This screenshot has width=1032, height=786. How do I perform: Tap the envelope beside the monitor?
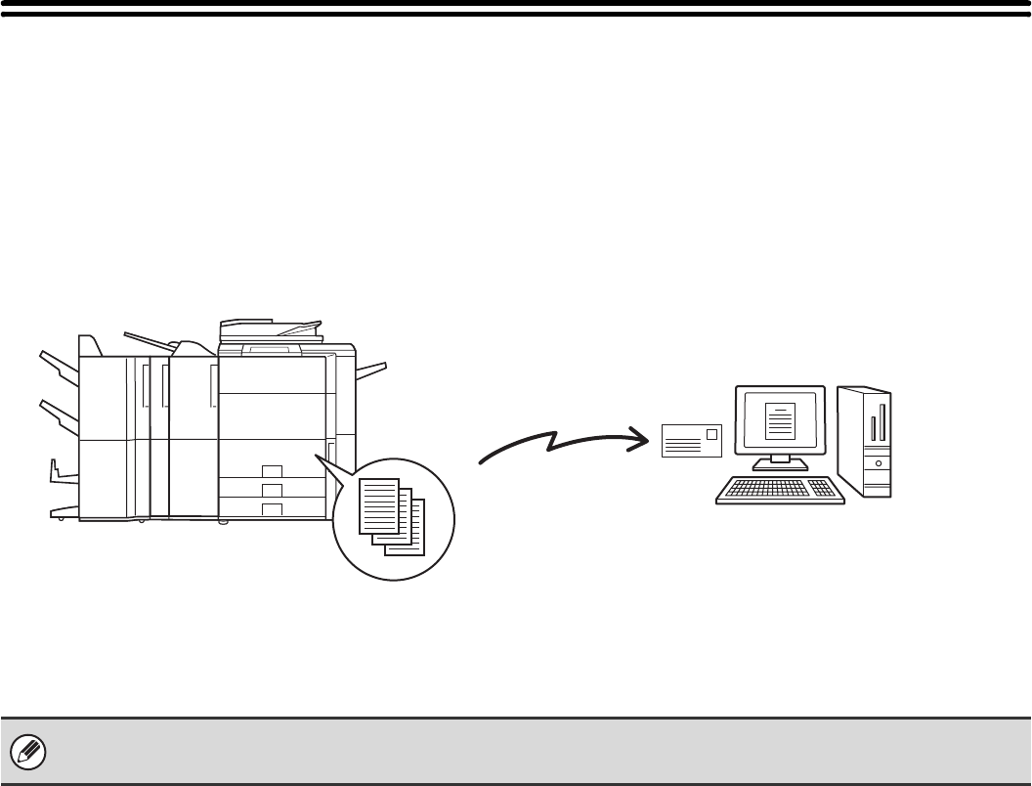click(691, 441)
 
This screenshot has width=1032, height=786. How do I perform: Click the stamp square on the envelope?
click(712, 433)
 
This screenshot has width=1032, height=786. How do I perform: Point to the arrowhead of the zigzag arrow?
click(641, 438)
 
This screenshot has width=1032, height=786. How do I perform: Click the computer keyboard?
click(779, 490)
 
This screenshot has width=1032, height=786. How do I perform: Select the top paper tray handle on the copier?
click(273, 470)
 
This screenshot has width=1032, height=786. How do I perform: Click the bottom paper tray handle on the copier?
click(273, 508)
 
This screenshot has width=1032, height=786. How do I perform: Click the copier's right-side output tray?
click(371, 369)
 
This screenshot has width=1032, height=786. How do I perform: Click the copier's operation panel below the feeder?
click(271, 348)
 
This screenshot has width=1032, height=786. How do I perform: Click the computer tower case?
click(864, 440)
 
